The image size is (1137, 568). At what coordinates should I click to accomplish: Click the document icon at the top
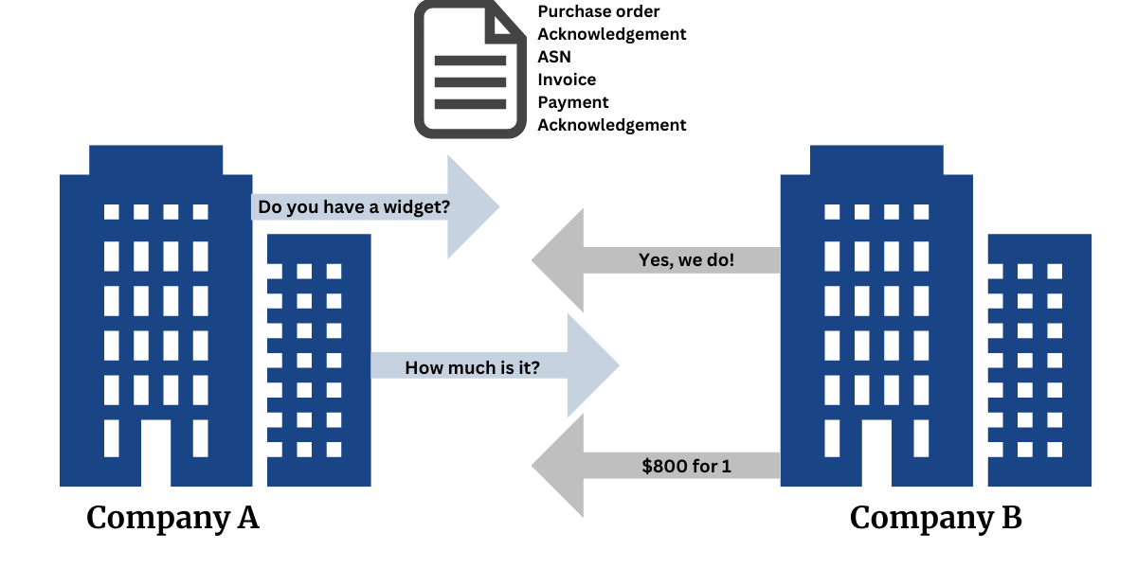click(469, 71)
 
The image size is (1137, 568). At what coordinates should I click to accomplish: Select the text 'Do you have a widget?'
click(353, 206)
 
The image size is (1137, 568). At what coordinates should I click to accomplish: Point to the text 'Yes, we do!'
click(686, 259)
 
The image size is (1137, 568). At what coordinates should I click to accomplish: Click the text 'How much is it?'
click(472, 367)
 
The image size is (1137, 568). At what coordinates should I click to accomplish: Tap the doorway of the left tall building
click(155, 453)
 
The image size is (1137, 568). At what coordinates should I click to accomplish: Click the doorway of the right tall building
click(876, 453)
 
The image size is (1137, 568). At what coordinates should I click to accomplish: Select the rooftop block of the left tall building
click(156, 159)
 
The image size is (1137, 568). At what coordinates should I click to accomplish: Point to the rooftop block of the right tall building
click(876, 159)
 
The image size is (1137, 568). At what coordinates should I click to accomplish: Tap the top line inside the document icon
click(470, 61)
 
